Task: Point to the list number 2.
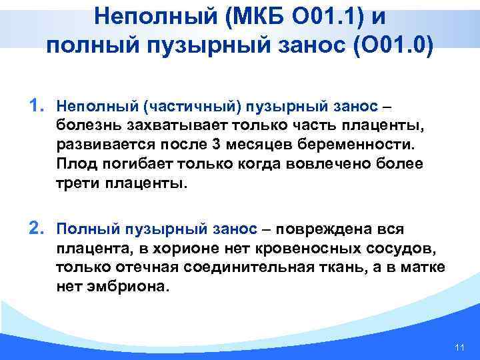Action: click(38, 229)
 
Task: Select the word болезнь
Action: click(85, 126)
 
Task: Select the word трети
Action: click(75, 183)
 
